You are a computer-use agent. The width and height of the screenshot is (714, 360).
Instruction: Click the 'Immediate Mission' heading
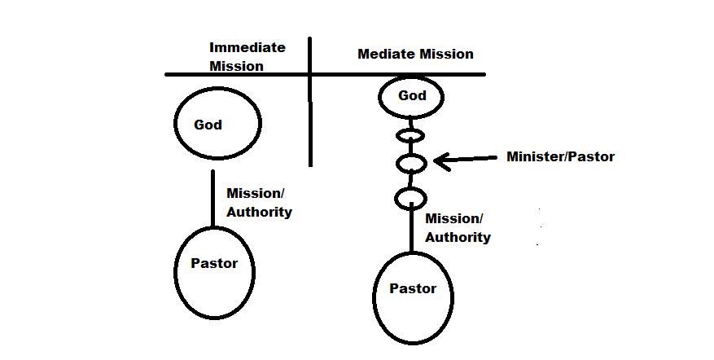(247, 56)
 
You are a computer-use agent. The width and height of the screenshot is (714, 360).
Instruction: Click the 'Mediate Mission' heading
(415, 55)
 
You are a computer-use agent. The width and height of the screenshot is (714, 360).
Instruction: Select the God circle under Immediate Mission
(218, 124)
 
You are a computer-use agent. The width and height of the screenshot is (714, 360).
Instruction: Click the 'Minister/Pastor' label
(560, 157)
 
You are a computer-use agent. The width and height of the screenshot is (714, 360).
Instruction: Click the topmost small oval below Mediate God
(410, 134)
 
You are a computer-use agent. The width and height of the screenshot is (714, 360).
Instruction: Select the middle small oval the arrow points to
(411, 163)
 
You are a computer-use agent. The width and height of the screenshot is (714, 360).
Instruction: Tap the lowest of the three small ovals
(410, 198)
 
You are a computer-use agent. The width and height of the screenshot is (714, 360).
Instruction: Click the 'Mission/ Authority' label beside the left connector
(259, 203)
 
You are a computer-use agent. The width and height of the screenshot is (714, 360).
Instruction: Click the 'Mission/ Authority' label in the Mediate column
(458, 228)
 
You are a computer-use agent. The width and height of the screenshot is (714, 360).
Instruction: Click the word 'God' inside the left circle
(208, 125)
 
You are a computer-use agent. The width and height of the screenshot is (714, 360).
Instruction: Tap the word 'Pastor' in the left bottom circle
(213, 263)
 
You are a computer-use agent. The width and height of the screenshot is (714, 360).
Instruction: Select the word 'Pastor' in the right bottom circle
(413, 288)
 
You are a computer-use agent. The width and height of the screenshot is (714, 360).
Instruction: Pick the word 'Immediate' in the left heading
(247, 47)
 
